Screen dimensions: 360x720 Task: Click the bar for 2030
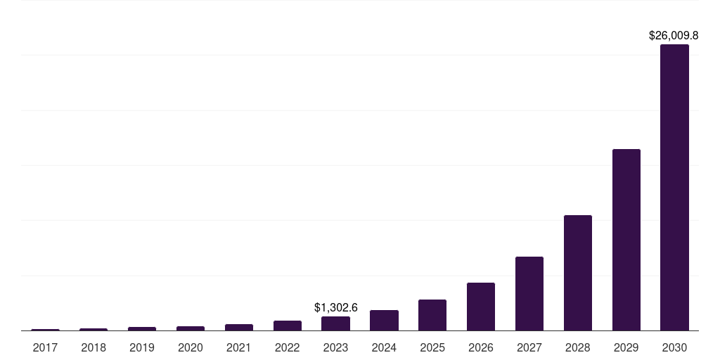pos(674,187)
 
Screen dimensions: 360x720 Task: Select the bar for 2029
pos(626,240)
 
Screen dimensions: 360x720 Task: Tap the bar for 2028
pos(577,273)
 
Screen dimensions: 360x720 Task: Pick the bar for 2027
pos(529,293)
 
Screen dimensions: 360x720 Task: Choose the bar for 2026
pos(480,307)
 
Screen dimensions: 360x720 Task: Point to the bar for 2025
pos(432,315)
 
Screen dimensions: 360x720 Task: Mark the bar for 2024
pos(384,320)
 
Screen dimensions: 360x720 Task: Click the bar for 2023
pos(335,323)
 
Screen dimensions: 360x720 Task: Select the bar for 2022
pos(287,326)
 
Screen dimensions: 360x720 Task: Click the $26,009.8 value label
pos(673,34)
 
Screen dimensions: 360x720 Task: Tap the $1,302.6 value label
pos(335,307)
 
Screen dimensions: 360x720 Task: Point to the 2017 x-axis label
pos(45,347)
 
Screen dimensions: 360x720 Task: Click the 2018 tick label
pos(94,347)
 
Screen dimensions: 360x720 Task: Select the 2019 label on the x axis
pos(142,347)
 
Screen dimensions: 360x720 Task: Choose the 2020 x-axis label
pos(190,347)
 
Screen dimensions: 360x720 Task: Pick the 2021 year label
pos(238,347)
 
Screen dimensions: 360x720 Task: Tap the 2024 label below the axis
pos(384,347)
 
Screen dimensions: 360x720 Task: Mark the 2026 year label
pos(480,347)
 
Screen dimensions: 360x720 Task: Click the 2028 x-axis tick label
pos(577,347)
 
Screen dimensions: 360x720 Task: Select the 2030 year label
pos(674,347)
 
